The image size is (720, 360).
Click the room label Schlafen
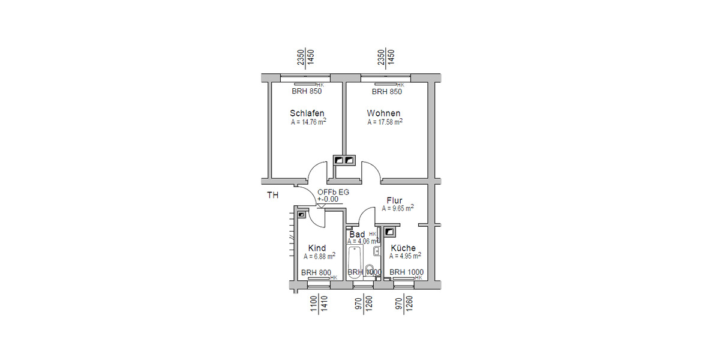pyautogui.click(x=307, y=113)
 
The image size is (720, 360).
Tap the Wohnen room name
pyautogui.click(x=383, y=113)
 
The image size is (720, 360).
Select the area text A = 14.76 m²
pyautogui.click(x=308, y=122)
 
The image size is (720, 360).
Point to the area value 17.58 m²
pyautogui.click(x=385, y=122)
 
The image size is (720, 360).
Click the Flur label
pyautogui.click(x=394, y=200)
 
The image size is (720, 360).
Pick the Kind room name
pyautogui.click(x=317, y=248)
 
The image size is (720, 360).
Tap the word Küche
pyautogui.click(x=403, y=248)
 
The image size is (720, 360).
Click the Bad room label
pyautogui.click(x=357, y=234)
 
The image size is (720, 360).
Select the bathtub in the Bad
pyautogui.click(x=354, y=260)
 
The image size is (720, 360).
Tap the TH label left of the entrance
pyautogui.click(x=272, y=196)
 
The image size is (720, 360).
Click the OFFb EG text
pyautogui.click(x=333, y=192)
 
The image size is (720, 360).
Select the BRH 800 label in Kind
pyautogui.click(x=316, y=272)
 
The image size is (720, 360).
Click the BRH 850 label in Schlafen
pyautogui.click(x=307, y=92)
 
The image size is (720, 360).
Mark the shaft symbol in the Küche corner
pyautogui.click(x=390, y=230)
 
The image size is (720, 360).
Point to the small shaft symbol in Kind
pyautogui.click(x=301, y=213)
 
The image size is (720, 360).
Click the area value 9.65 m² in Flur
pyautogui.click(x=397, y=209)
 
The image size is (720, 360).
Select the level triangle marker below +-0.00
pyautogui.click(x=320, y=206)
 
